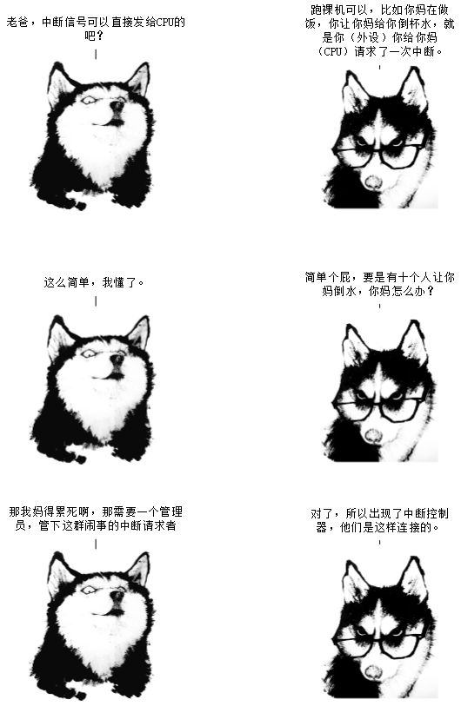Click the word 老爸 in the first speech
click(17, 22)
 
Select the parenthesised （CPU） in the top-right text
click(333, 51)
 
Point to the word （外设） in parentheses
click(368, 37)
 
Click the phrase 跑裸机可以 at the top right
click(339, 10)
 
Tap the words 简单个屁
click(328, 277)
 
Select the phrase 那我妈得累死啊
click(50, 512)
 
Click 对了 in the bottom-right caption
click(322, 514)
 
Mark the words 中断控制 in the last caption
click(426, 514)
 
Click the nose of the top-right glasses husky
click(373, 181)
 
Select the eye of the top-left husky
click(89, 100)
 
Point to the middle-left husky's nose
click(117, 359)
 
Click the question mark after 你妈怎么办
click(430, 291)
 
